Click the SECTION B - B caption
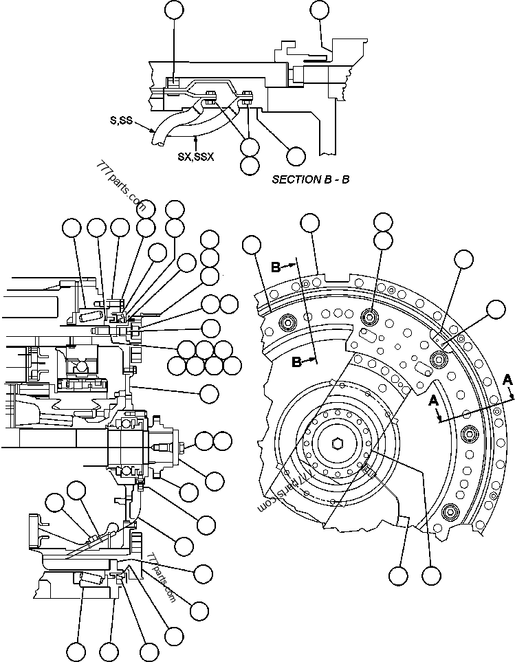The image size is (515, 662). coord(310,179)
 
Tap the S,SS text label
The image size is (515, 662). coord(122,120)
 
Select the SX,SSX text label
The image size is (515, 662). coord(197,157)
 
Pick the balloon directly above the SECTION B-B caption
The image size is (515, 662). coord(296,155)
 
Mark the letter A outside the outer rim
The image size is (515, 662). coord(507,378)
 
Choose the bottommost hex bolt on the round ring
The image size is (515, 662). coord(450,511)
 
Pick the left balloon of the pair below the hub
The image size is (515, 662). coord(398,575)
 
